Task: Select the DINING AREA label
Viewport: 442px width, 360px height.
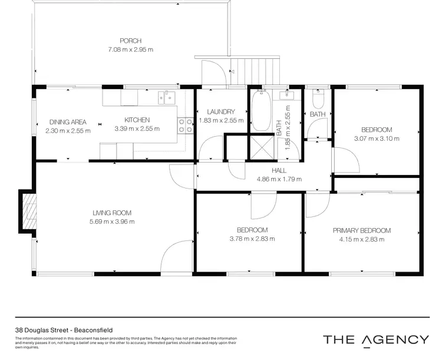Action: pyautogui.click(x=68, y=122)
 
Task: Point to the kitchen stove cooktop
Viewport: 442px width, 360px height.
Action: pyautogui.click(x=184, y=124)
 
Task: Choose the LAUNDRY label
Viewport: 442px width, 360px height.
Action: pyautogui.click(x=222, y=111)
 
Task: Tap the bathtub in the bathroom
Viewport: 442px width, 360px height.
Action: pyautogui.click(x=259, y=111)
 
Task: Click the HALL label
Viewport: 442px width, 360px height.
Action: pyautogui.click(x=279, y=170)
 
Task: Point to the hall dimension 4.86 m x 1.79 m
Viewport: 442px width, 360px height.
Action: pyautogui.click(x=279, y=179)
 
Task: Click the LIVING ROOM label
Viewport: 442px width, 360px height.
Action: pyautogui.click(x=111, y=213)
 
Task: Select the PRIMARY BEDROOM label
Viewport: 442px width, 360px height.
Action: pyautogui.click(x=361, y=230)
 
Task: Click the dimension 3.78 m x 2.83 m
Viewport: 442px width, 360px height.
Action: pyautogui.click(x=252, y=239)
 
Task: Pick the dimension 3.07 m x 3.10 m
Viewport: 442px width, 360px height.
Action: pyautogui.click(x=377, y=138)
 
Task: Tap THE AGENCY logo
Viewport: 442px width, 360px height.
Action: pyautogui.click(x=375, y=339)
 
